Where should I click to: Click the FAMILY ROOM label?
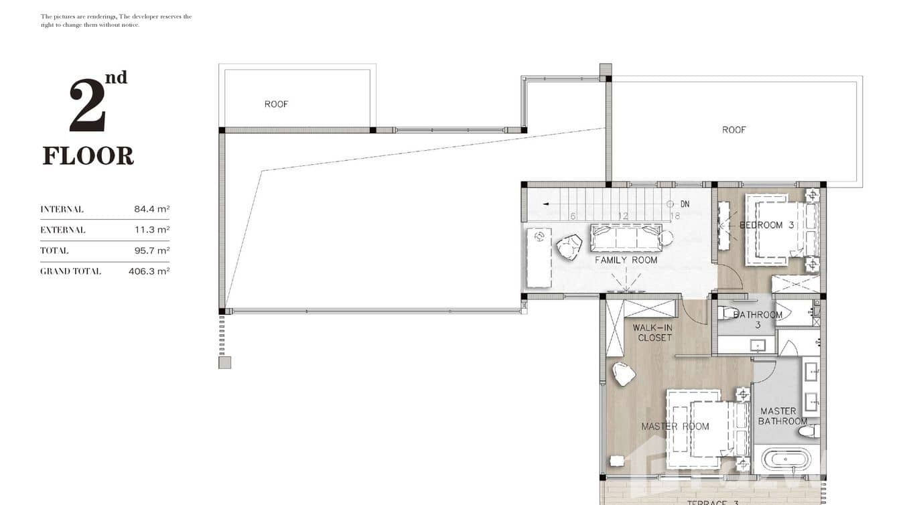626,260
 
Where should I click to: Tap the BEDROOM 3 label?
766,225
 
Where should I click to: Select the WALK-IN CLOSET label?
654,333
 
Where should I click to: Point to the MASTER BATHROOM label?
782,416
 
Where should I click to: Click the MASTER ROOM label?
675,426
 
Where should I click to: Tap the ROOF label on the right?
734,130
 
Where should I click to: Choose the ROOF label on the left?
276,104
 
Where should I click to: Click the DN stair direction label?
685,204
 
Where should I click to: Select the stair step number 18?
675,216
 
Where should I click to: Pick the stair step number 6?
573,216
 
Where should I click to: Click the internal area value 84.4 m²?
151,209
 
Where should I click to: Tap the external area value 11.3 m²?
151,230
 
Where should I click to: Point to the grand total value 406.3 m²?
149,271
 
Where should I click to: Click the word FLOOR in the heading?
88,156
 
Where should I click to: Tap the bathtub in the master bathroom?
787,460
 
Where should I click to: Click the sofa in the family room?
626,237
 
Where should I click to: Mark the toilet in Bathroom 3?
726,313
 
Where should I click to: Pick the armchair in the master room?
624,374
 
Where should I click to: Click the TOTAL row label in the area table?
54,250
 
